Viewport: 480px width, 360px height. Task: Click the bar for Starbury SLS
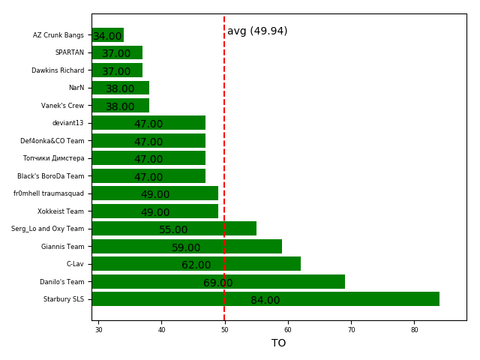[265, 299]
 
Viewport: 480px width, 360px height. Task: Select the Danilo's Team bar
[217, 281]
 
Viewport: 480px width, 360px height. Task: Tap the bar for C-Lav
[196, 264]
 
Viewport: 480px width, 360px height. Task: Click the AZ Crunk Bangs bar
[107, 35]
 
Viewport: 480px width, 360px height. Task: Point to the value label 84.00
[265, 301]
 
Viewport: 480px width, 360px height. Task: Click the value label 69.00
[217, 283]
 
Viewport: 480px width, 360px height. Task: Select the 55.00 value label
[173, 230]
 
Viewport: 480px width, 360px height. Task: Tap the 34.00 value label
[107, 37]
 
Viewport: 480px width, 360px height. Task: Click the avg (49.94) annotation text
[257, 31]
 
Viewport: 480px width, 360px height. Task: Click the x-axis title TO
[278, 343]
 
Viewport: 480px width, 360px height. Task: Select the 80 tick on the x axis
[414, 329]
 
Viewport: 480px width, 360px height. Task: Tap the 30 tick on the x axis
[98, 329]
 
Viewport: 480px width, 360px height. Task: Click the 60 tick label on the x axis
[287, 329]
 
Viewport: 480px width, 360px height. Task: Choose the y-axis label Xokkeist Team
[61, 211]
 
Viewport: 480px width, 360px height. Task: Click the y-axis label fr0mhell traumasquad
[49, 193]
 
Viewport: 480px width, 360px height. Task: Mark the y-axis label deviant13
[67, 123]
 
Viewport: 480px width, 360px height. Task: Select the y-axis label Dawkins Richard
[58, 70]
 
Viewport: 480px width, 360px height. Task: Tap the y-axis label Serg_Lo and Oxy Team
[47, 229]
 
